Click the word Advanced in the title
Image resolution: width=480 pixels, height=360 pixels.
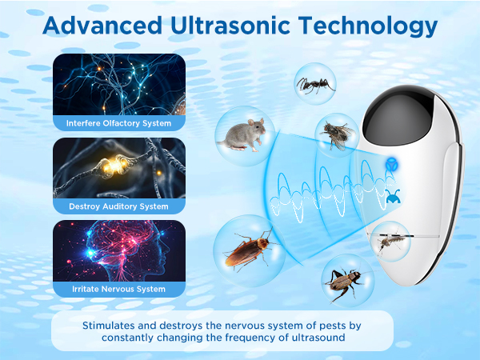click(x=102, y=25)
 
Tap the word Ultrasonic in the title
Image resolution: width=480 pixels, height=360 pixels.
click(x=230, y=25)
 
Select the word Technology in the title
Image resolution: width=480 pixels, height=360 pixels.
click(x=368, y=26)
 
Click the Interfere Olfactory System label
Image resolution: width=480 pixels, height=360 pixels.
click(x=118, y=123)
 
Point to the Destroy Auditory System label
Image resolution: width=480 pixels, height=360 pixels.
click(x=118, y=206)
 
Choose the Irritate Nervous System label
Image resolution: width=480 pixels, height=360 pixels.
click(x=118, y=289)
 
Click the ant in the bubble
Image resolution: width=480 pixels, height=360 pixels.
click(x=315, y=85)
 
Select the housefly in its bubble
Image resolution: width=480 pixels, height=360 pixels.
click(x=338, y=134)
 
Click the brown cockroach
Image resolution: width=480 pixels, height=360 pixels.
click(x=250, y=250)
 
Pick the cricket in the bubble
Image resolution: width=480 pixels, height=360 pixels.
click(x=345, y=284)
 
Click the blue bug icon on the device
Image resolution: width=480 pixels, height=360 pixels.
click(x=392, y=197)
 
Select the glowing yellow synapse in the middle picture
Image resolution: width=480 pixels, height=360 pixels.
click(x=114, y=166)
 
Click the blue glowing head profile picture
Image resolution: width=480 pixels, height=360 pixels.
click(x=119, y=250)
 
